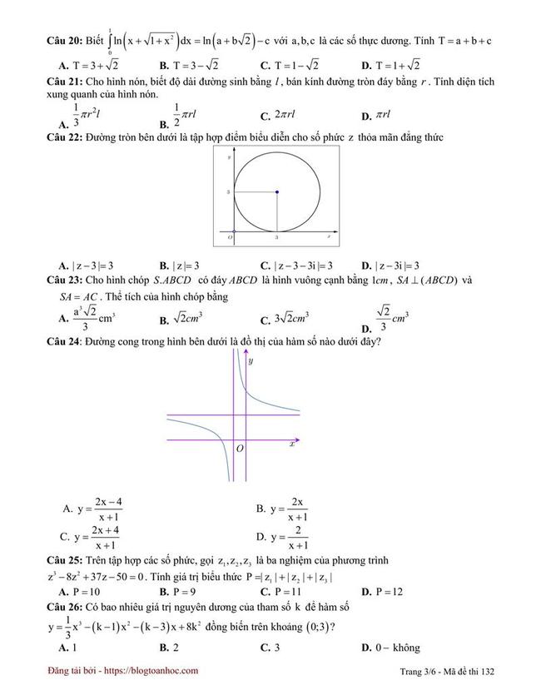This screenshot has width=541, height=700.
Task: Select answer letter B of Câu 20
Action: click(164, 66)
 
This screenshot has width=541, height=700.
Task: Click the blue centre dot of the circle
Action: click(276, 192)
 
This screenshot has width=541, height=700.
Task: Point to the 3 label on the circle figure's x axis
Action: click(276, 238)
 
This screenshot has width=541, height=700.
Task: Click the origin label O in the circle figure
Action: click(230, 238)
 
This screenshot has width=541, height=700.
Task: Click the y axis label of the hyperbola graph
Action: click(250, 360)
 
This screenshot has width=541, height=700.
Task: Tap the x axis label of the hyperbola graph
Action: click(292, 444)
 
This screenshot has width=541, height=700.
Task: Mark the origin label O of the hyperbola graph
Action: click(240, 449)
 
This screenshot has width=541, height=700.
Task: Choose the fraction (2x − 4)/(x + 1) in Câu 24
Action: click(108, 509)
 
